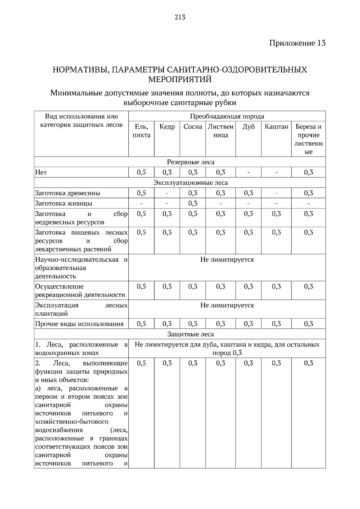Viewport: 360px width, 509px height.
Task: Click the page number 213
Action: coord(180,17)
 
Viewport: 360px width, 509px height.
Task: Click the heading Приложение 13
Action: coord(297,43)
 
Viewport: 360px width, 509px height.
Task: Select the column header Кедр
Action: coord(167,127)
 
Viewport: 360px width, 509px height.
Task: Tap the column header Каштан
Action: coord(276,127)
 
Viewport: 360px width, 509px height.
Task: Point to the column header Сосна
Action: coord(193,127)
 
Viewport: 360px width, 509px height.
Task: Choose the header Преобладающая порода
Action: coord(227,116)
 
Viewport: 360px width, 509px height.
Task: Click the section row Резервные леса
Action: coord(190,162)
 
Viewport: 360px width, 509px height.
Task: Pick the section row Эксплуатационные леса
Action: coord(190,183)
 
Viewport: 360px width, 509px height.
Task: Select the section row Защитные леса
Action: coord(190,334)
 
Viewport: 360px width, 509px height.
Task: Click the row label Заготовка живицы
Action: coord(64,204)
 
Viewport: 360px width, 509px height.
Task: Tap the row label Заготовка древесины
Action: coord(68,193)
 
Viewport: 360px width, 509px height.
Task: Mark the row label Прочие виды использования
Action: coord(79,324)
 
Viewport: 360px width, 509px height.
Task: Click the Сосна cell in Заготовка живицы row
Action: coord(193,204)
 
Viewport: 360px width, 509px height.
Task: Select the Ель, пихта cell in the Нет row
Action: coord(141,172)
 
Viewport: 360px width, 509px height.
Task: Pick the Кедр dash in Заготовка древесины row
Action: coord(167,193)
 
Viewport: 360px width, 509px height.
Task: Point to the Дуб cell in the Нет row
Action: coord(248,173)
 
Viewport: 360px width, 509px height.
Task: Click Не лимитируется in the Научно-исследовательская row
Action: coord(227,260)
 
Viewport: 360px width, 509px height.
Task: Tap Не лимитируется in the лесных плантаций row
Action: coord(227,305)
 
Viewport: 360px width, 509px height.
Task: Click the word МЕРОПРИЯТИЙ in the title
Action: coord(180,79)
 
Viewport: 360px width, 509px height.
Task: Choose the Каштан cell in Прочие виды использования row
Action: coord(276,324)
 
